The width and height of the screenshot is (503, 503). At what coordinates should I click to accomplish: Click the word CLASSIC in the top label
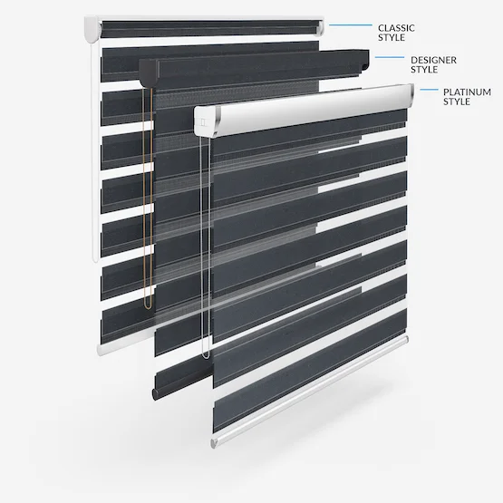coord(396,28)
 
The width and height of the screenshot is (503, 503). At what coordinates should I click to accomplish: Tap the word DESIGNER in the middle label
coord(433,60)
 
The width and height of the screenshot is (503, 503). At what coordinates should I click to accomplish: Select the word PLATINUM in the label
coord(467,92)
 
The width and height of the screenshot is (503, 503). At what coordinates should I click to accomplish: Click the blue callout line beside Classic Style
coord(351,25)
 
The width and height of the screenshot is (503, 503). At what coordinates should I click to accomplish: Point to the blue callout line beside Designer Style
coord(390,57)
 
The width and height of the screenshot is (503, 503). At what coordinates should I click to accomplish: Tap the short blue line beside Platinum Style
coord(429,90)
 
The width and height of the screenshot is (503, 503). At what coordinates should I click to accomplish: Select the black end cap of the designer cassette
coord(149,73)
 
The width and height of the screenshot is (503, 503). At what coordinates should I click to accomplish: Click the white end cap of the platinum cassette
coord(205,121)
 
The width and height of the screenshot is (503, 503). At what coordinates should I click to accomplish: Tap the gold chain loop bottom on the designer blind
coord(148,306)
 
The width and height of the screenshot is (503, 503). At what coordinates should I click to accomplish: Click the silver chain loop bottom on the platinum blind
coord(206,355)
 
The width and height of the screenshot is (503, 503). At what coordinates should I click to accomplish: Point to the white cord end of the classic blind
coord(95,258)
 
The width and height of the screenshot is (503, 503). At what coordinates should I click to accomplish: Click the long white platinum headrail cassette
coord(303,110)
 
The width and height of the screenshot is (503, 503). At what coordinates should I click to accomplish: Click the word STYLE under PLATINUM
coord(457,102)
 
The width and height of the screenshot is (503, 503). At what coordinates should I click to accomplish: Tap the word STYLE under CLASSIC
coord(392,37)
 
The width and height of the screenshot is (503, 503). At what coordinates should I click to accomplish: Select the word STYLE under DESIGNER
coord(424,70)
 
